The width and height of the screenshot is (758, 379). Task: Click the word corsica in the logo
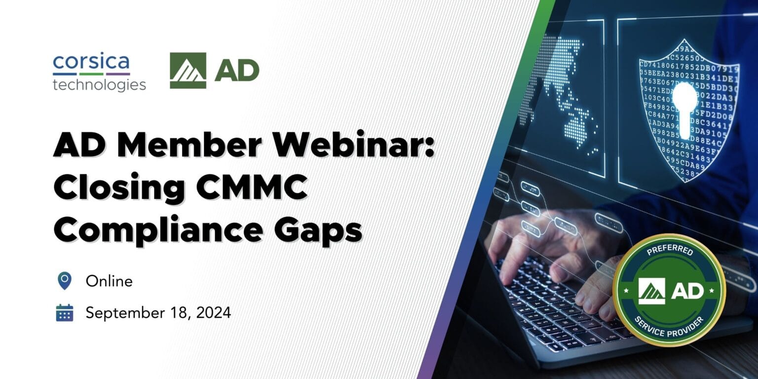tap(91, 63)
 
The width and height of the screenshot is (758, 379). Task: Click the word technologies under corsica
tap(99, 84)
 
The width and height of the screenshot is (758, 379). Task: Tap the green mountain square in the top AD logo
tap(188, 71)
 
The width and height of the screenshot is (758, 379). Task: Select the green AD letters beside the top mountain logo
tap(237, 71)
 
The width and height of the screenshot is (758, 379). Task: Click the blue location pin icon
tap(64, 281)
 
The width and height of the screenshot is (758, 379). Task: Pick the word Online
tap(109, 281)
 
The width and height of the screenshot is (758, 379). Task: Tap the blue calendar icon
tap(64, 313)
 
